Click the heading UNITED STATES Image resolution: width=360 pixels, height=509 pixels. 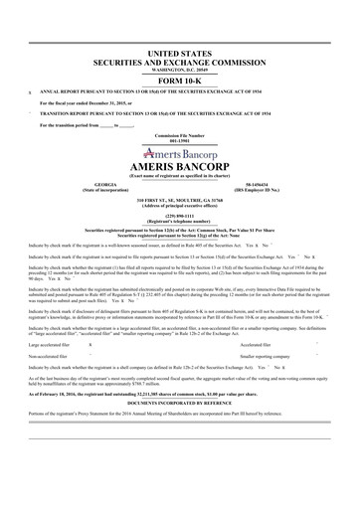tap(180, 49)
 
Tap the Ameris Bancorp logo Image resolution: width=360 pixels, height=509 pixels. tap(180, 154)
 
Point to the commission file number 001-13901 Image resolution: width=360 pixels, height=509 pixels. tap(180, 141)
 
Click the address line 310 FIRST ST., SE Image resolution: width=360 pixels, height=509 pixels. tap(180, 200)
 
